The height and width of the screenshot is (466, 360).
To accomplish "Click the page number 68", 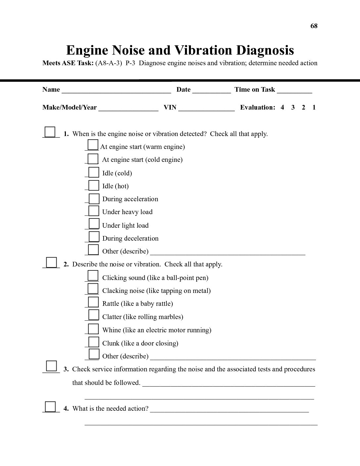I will (x=314, y=26).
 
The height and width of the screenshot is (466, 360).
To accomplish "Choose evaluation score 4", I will (x=282, y=107).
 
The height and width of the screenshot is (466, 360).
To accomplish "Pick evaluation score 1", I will (x=314, y=107).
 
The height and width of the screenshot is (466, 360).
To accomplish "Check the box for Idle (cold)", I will (x=94, y=172).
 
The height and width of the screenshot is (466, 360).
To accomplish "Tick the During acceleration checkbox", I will (x=94, y=199).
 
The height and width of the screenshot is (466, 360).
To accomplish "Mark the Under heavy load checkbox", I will (x=94, y=211).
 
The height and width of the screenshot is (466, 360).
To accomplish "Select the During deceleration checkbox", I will (x=94, y=237).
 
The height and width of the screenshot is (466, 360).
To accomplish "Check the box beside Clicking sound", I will (x=93, y=276).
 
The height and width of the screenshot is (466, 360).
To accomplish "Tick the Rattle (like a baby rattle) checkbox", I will (x=94, y=302).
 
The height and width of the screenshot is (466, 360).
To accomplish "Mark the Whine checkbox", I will (x=94, y=329).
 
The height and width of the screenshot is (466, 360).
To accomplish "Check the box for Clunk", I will (x=94, y=342).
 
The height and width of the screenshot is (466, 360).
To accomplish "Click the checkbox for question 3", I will (x=51, y=366).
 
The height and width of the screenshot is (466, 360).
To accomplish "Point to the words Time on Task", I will (x=255, y=89).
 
